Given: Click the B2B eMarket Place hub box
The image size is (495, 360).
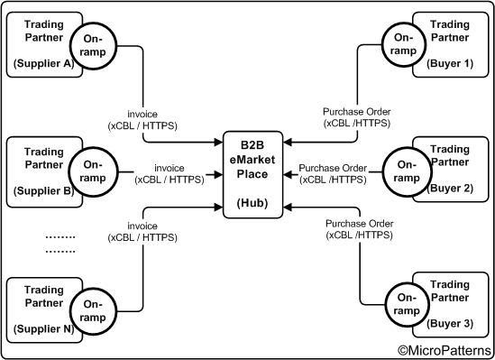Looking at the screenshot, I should [x=253, y=175].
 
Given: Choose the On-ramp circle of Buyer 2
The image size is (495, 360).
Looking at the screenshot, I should [x=403, y=171].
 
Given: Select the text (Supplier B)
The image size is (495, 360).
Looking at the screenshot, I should [x=43, y=189].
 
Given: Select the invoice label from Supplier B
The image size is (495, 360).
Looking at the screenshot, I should [x=169, y=173].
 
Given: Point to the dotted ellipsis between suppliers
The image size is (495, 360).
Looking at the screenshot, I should [x=60, y=243].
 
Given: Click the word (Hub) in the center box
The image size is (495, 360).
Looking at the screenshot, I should [x=253, y=205].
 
